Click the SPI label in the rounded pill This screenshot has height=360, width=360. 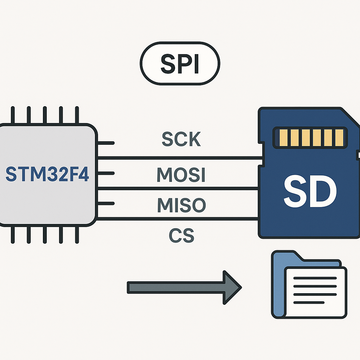pyautogui.click(x=180, y=64)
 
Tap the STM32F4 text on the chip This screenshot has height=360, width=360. pyautogui.click(x=47, y=174)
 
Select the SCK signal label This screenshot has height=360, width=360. pyautogui.click(x=181, y=140)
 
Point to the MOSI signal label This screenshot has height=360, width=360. pyautogui.click(x=181, y=174)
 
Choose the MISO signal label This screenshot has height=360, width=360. pyautogui.click(x=181, y=205)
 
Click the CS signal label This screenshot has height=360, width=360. pyautogui.click(x=181, y=236)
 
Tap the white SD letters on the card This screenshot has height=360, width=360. pyautogui.click(x=310, y=192)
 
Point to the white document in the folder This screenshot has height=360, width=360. pyautogui.click(x=315, y=292)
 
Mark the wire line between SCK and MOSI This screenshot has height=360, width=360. pyautogui.click(x=179, y=158)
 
